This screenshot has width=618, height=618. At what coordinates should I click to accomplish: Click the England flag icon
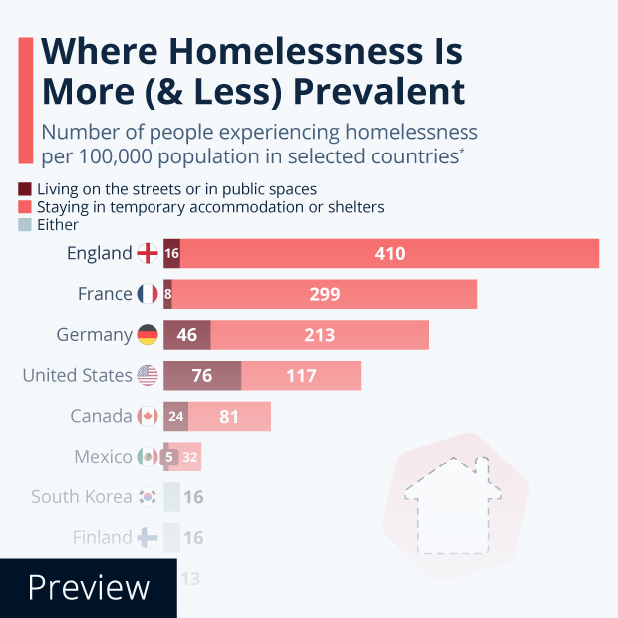[148, 254]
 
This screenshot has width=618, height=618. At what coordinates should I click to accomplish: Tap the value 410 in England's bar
[390, 254]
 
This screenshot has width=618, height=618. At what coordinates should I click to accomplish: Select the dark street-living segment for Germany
[186, 335]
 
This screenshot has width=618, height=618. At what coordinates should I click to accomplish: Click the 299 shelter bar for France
[325, 294]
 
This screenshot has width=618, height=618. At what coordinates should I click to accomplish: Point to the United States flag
[148, 376]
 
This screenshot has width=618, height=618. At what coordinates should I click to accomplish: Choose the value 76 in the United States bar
[202, 376]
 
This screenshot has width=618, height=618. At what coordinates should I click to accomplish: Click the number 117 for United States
[300, 376]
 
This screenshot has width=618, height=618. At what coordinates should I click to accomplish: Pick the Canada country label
[101, 416]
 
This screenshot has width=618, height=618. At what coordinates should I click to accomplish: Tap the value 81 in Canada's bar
[229, 416]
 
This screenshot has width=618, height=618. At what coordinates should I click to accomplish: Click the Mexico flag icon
[148, 457]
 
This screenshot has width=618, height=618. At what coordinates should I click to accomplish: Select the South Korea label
[81, 496]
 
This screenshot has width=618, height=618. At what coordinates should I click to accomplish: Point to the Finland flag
[148, 537]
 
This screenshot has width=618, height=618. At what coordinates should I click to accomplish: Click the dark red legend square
[25, 188]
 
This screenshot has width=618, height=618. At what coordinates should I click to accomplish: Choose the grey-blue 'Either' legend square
[25, 225]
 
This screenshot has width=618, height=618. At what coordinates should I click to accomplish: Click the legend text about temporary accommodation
[210, 207]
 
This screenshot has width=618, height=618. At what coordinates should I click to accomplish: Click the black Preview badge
[88, 588]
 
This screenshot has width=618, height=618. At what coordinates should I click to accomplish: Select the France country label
[105, 294]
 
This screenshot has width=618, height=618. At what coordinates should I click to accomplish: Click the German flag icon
[148, 335]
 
